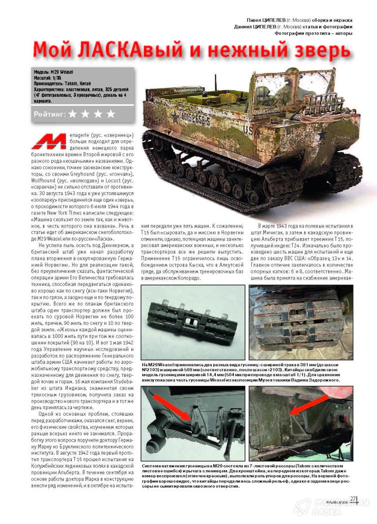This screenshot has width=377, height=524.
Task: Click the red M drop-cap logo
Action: (x=47, y=142)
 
